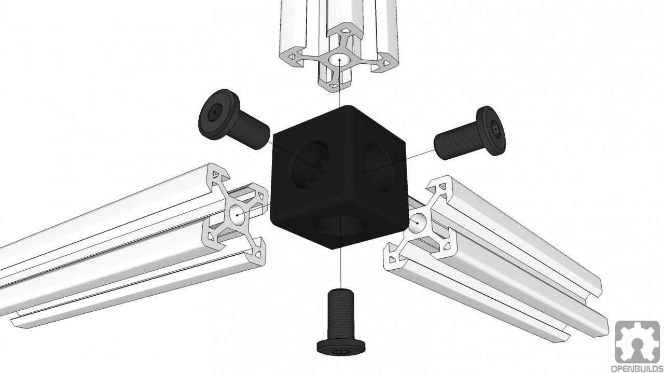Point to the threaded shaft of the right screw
[x=454, y=144]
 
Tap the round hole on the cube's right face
[x=381, y=166]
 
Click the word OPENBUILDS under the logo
[x=637, y=368]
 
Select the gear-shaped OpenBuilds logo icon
[x=637, y=341]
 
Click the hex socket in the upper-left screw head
[x=213, y=113]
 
